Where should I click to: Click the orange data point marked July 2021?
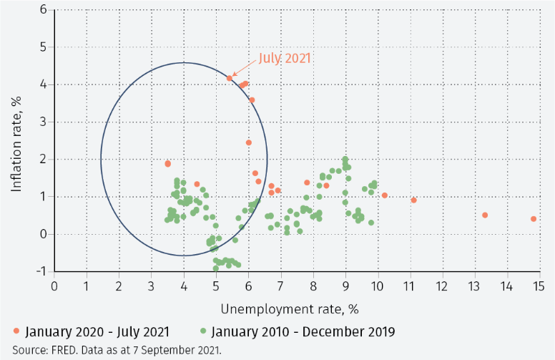coord(230,78)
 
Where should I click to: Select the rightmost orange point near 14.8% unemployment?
coord(534,219)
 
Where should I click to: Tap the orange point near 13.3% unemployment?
coord(485,215)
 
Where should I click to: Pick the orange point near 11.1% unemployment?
coord(414,200)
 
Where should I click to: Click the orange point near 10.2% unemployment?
coord(385,195)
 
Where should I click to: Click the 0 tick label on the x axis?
coord(55,286)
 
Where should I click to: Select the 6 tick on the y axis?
coord(43,10)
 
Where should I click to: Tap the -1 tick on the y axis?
coord(41,271)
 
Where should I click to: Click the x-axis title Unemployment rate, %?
coord(289,308)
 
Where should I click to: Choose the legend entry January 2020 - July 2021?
coord(97,332)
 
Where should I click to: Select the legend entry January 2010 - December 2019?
coord(301,332)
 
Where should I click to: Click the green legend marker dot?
coord(204,332)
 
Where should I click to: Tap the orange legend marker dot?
coord(16,332)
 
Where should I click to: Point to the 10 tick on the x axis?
coord(378,286)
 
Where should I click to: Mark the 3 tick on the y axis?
coord(43,122)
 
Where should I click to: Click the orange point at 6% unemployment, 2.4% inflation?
coord(249,142)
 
